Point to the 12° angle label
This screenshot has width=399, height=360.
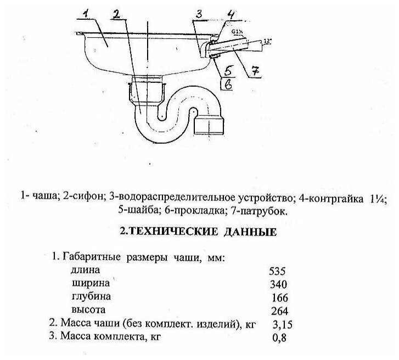tap(268, 41)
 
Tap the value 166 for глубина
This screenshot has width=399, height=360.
tap(279, 298)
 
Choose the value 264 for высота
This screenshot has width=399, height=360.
tap(279, 311)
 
